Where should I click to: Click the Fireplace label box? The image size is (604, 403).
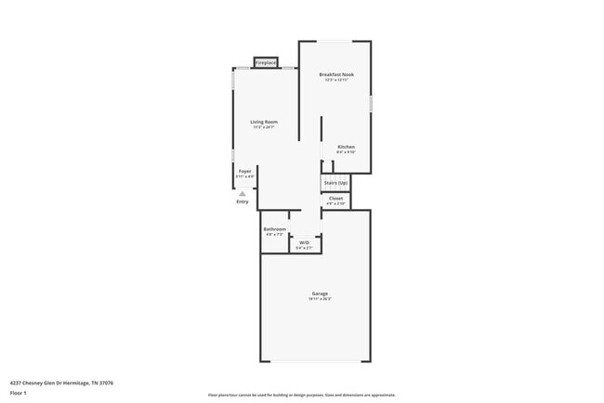[x=266, y=63]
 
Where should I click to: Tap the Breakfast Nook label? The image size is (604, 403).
[x=336, y=74]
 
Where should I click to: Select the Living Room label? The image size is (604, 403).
[x=263, y=122]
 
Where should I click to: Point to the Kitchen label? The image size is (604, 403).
[x=346, y=147]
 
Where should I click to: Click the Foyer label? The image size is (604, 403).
[x=244, y=171]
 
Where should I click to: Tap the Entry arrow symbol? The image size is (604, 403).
[x=243, y=193]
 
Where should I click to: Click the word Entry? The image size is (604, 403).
[x=243, y=201]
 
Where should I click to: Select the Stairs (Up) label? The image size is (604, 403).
[x=335, y=183]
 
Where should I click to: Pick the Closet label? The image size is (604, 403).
[x=335, y=198]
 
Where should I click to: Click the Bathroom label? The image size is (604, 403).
[x=274, y=229]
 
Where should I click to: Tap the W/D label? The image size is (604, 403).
[x=304, y=243]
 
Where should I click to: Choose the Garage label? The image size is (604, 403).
[x=320, y=293]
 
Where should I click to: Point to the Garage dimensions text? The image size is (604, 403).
[x=320, y=300]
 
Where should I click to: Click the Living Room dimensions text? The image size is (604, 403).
[x=263, y=128]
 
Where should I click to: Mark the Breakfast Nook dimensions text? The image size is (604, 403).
[x=336, y=81]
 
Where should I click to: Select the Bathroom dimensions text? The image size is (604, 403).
[x=274, y=235]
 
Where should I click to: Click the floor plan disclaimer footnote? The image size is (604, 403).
[x=301, y=395]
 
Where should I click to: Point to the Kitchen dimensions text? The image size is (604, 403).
[x=346, y=152]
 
